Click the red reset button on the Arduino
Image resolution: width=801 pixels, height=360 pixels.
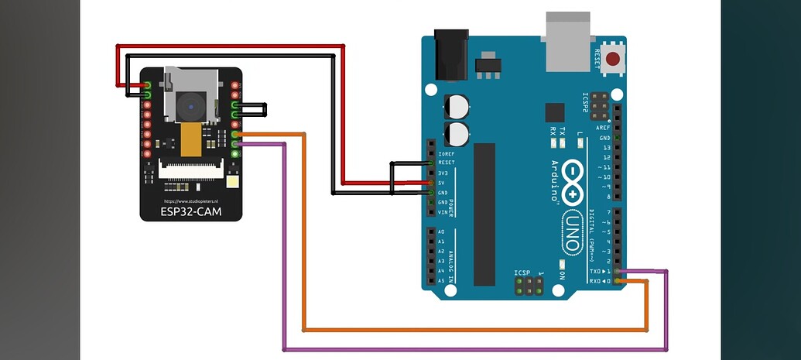point(614,59)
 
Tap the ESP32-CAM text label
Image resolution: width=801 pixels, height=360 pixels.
point(190,210)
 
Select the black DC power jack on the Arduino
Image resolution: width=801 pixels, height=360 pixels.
point(451,55)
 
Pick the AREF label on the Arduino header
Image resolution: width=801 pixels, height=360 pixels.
point(603,127)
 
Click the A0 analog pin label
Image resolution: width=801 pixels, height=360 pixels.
point(441,232)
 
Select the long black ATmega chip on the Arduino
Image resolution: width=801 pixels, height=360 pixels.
point(484,214)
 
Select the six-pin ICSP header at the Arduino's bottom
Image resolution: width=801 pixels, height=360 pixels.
point(528,286)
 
